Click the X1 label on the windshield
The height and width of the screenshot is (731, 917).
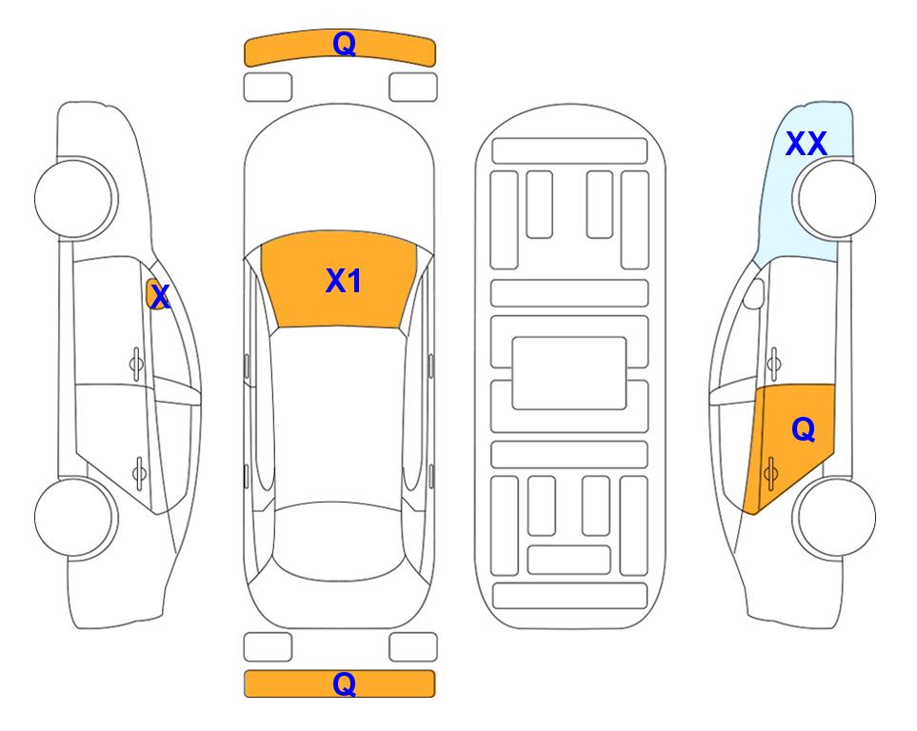tap(343, 281)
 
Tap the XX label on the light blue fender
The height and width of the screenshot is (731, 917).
tap(806, 144)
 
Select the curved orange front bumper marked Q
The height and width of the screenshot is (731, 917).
tap(340, 49)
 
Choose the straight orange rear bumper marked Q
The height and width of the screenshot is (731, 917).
tap(340, 683)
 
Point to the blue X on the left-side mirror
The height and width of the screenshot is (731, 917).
tap(160, 296)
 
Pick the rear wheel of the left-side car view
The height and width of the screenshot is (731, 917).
tap(75, 515)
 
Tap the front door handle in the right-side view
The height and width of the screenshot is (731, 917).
tap(772, 363)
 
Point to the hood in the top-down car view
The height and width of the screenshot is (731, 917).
tap(340, 181)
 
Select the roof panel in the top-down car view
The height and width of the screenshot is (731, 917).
tap(340, 409)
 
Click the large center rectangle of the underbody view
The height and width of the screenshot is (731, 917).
tap(568, 372)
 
